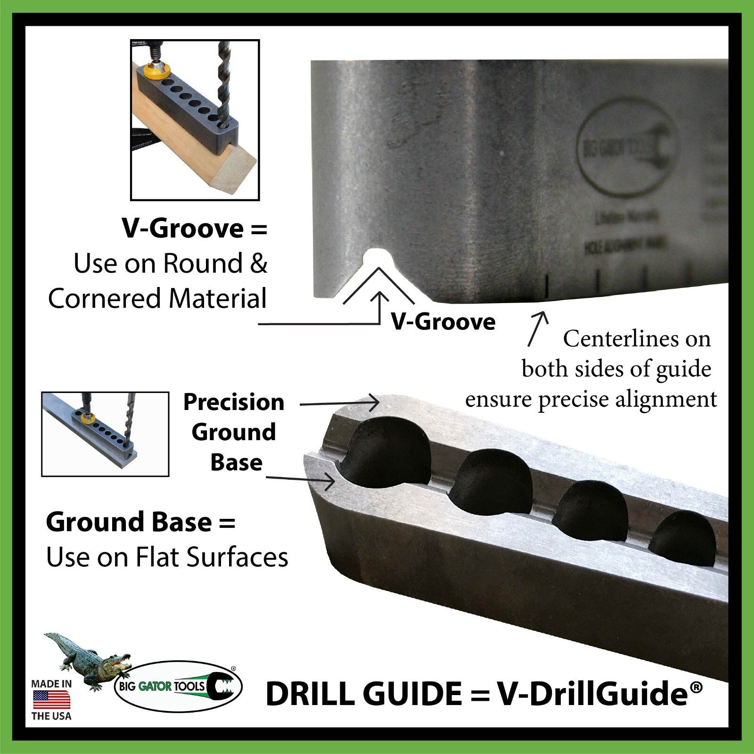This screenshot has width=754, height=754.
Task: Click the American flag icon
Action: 51,700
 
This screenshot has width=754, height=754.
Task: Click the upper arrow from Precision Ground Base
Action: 339,403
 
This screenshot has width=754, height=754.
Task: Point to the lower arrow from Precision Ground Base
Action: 302,479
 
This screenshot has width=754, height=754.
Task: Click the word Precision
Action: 234,402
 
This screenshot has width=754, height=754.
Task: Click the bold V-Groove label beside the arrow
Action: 443,322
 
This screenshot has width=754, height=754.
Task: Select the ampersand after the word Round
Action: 259,263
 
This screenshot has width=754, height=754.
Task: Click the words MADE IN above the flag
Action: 51,684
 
